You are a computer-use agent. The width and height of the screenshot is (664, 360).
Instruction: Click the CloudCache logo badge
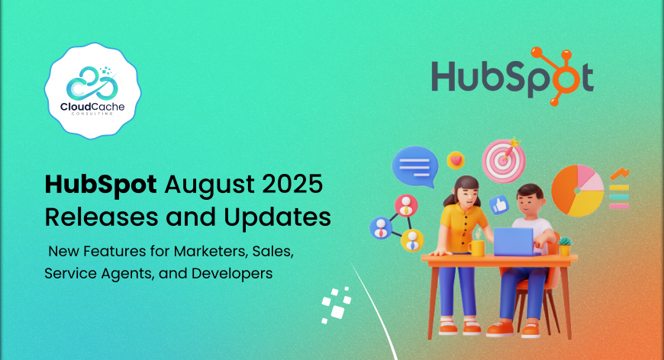pos(93,91)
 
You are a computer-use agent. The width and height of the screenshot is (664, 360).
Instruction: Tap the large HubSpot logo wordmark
pos(512,76)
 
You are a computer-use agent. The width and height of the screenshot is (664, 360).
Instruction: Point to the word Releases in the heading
pos(102,217)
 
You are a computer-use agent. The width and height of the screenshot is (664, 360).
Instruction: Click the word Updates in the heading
pos(277,218)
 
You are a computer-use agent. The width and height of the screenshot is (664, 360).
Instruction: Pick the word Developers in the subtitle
pos(232,274)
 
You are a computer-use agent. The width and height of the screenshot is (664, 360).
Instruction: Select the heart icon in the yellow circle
pos(456,161)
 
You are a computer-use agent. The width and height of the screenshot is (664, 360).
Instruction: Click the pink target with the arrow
pos(504,160)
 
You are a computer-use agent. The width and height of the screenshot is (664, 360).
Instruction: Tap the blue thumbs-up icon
pos(499,205)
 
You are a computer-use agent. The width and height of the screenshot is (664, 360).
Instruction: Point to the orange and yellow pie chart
pos(578,191)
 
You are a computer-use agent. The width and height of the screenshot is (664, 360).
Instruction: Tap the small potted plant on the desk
pos(565,246)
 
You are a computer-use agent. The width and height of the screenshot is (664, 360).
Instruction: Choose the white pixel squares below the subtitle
pos(337,304)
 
